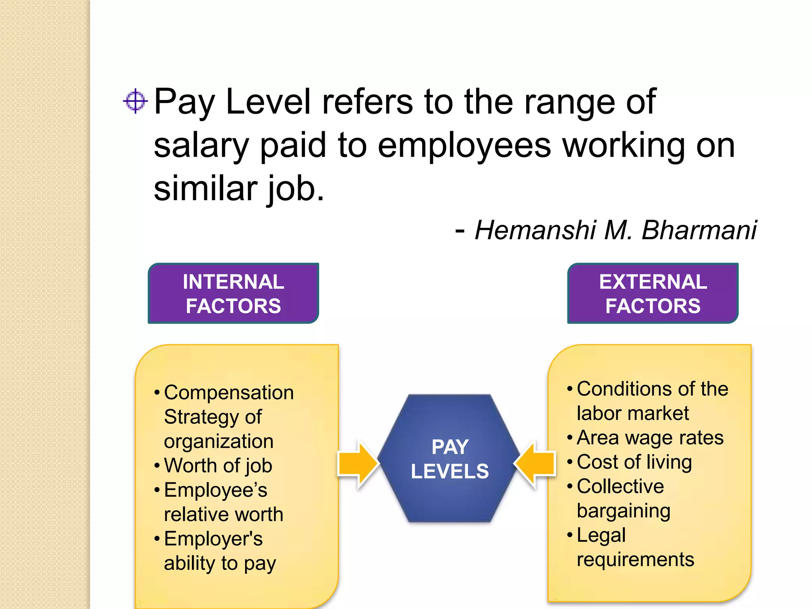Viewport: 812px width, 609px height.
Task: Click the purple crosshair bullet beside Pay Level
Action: click(135, 101)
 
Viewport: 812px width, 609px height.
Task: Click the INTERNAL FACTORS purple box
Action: click(233, 293)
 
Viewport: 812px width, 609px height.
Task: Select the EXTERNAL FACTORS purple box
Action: click(653, 293)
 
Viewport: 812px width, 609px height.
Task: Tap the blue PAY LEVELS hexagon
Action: click(449, 459)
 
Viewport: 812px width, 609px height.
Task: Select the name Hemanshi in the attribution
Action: click(535, 230)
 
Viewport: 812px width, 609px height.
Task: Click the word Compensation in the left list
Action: click(229, 393)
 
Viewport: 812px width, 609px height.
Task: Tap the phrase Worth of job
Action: click(218, 465)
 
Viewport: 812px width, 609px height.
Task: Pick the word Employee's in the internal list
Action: click(216, 490)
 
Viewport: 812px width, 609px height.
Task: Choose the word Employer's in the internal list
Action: click(213, 539)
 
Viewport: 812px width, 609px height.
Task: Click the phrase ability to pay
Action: click(220, 563)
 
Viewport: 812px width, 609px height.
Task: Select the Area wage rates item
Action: click(650, 438)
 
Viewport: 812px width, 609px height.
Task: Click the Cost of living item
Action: click(634, 462)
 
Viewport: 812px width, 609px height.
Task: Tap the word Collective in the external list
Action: click(620, 486)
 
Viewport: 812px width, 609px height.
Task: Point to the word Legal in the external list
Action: click(601, 535)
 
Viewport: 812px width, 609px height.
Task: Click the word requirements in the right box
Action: click(635, 559)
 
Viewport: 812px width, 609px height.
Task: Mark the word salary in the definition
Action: click(201, 146)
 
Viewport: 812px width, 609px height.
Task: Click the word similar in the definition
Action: click(205, 189)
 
